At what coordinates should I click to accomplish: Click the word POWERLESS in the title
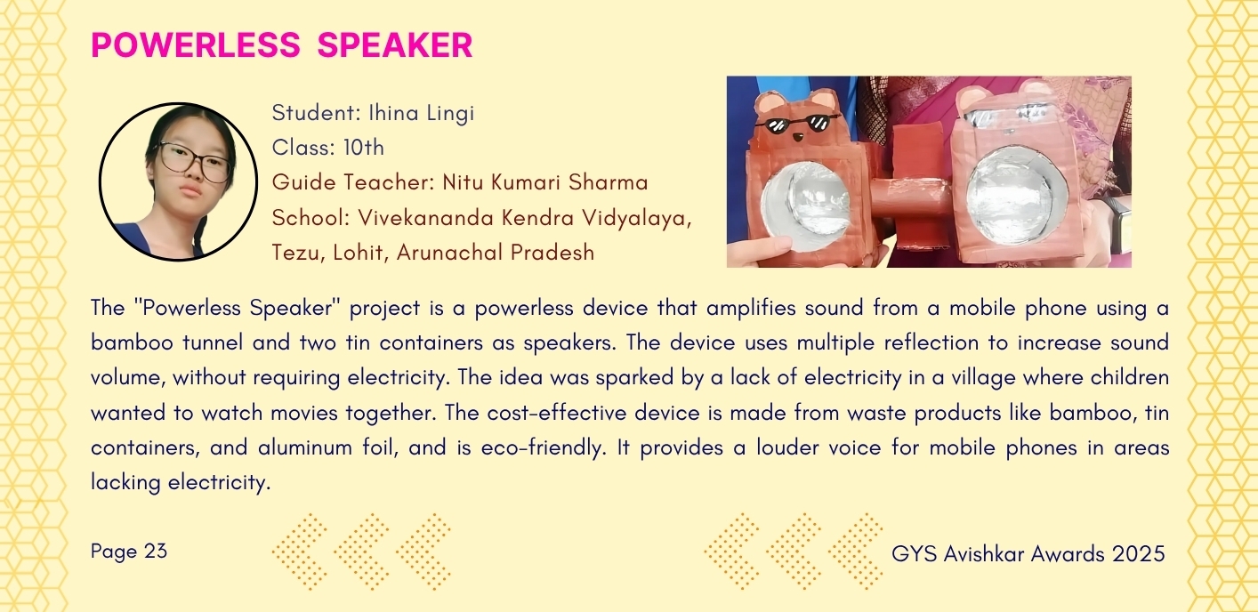point(196,44)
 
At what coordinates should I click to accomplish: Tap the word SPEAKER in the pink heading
point(395,44)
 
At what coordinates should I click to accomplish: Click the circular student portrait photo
point(179,182)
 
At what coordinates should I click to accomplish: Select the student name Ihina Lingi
point(421,114)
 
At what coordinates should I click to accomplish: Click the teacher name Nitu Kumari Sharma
point(545,182)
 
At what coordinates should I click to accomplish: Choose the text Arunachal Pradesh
point(496,253)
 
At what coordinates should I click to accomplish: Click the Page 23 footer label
point(129,552)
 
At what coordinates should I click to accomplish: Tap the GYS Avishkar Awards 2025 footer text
point(1028,554)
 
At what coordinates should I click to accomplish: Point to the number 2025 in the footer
point(1139,554)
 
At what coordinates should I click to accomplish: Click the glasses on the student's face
point(195,162)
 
